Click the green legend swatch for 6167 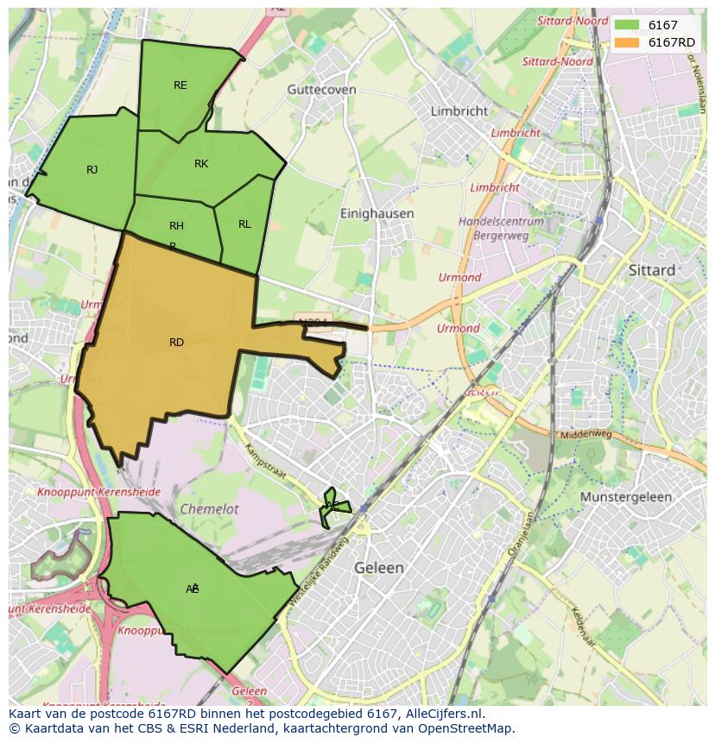click(627, 26)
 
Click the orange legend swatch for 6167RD click(627, 42)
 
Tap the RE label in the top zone click(180, 85)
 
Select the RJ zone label click(92, 170)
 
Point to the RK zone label click(201, 164)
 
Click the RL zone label click(244, 224)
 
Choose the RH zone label click(176, 226)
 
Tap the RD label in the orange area click(176, 343)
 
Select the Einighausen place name click(376, 213)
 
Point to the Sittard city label click(652, 270)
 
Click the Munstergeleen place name click(625, 498)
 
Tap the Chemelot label click(209, 509)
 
